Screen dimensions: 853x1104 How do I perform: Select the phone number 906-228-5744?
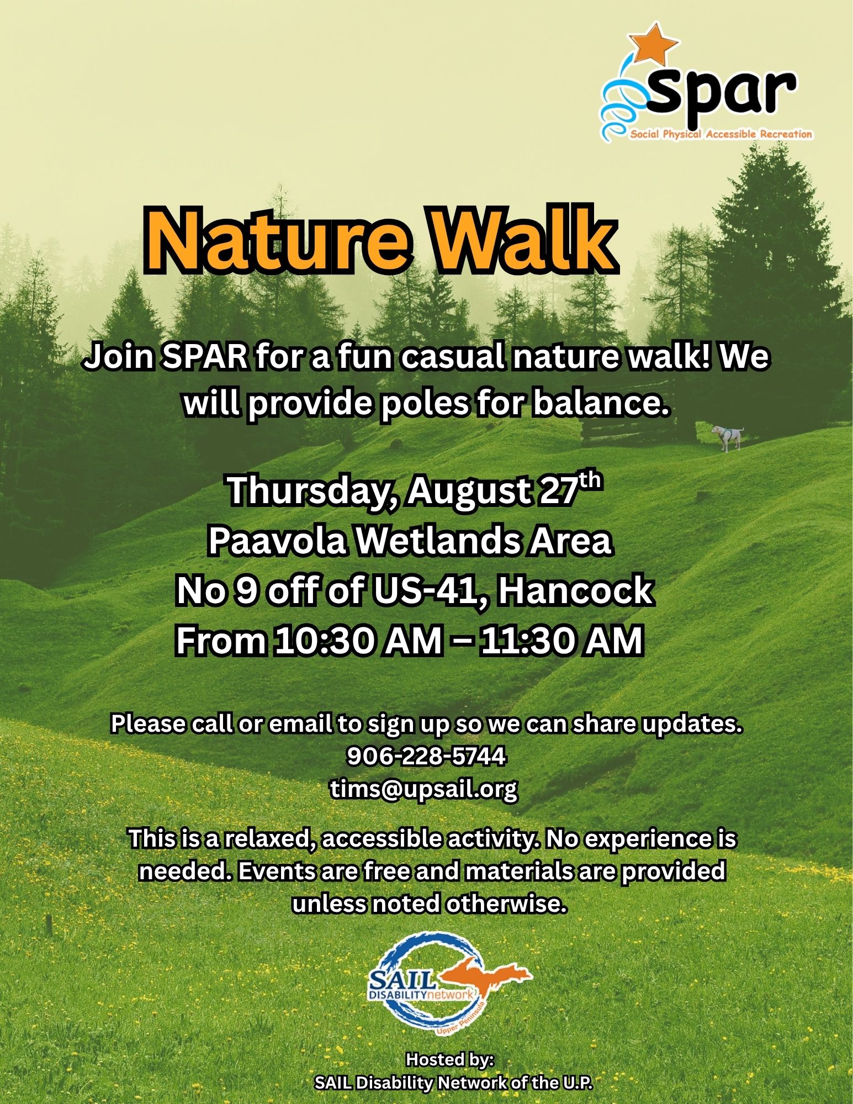(426, 756)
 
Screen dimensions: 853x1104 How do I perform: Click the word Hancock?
(575, 590)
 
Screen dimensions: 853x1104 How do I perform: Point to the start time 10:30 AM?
(359, 641)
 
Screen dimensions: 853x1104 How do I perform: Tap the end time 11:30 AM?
(561, 641)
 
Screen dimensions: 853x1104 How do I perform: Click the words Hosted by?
(450, 1059)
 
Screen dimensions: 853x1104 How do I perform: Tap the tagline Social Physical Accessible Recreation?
(721, 134)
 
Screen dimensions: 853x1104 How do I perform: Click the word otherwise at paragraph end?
(506, 904)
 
